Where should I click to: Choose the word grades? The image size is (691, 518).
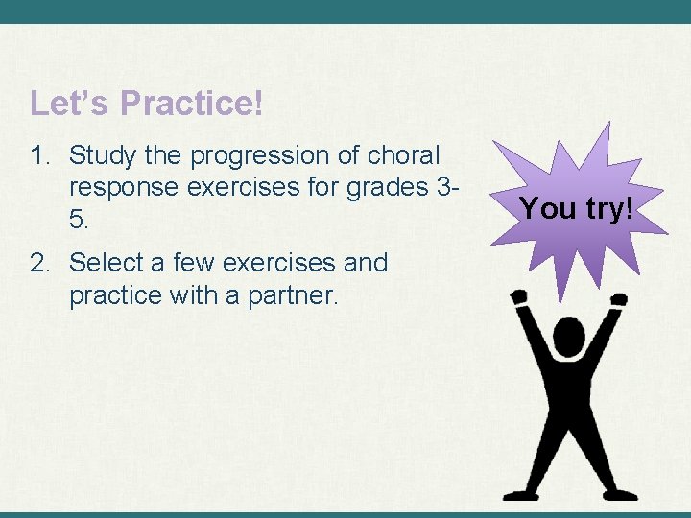[x=389, y=187]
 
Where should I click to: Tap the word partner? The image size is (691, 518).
[x=289, y=294]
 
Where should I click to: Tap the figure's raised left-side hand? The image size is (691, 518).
[x=520, y=298]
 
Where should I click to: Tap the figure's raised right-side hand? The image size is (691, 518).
[x=619, y=299]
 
